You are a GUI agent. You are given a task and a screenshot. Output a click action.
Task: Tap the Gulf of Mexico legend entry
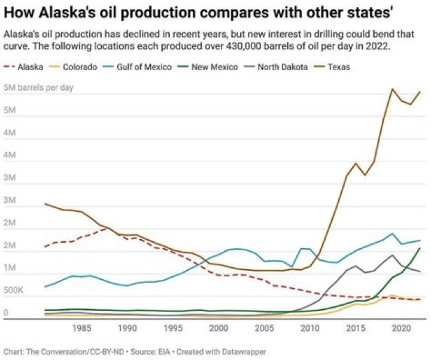pyautogui.click(x=147, y=67)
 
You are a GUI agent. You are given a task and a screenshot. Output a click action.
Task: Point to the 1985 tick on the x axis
pyautogui.click(x=82, y=328)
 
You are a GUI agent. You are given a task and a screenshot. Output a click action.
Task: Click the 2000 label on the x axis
pyautogui.click(x=218, y=328)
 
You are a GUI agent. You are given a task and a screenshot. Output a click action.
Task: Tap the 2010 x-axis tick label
pyautogui.click(x=309, y=328)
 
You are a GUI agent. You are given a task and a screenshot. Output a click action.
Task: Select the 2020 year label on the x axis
pyautogui.click(x=400, y=328)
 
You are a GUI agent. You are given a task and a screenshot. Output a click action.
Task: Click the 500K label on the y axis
pyautogui.click(x=14, y=290)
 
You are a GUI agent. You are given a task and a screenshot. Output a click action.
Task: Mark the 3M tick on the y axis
pyautogui.click(x=10, y=200)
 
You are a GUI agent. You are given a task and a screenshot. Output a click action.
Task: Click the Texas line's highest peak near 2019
pyautogui.click(x=392, y=89)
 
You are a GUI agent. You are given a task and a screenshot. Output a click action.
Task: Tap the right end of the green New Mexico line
pyautogui.click(x=420, y=248)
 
